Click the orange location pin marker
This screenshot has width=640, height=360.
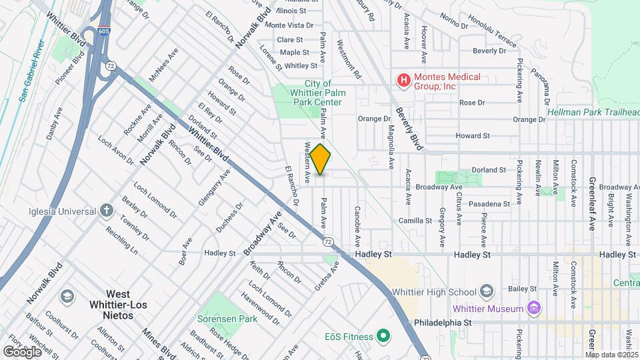click(x=321, y=159)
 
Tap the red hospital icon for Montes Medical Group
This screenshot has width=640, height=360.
click(x=403, y=81)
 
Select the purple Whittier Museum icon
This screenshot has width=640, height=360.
click(x=533, y=308)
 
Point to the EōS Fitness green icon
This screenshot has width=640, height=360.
click(x=383, y=335)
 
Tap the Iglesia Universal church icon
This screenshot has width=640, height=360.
click(x=106, y=211)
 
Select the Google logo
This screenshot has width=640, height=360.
click(x=21, y=351)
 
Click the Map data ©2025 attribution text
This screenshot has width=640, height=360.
click(x=611, y=355)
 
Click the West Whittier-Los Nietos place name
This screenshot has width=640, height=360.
click(x=118, y=299)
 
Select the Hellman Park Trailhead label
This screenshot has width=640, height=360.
click(x=593, y=112)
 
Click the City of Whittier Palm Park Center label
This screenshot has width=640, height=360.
click(x=317, y=93)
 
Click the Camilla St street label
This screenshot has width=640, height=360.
click(x=416, y=221)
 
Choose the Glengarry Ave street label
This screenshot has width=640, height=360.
click(x=214, y=187)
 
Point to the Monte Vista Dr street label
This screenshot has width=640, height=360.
click(x=289, y=25)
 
